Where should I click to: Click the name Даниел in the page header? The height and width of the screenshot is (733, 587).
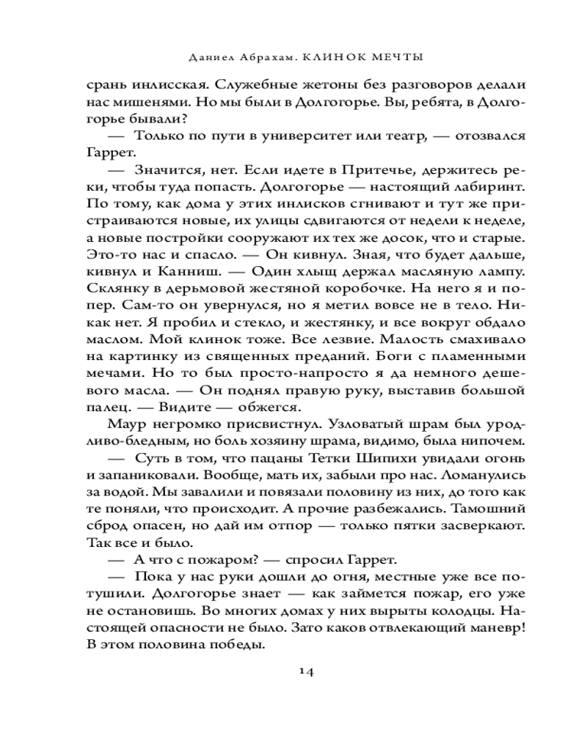pyautogui.click(x=213, y=56)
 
